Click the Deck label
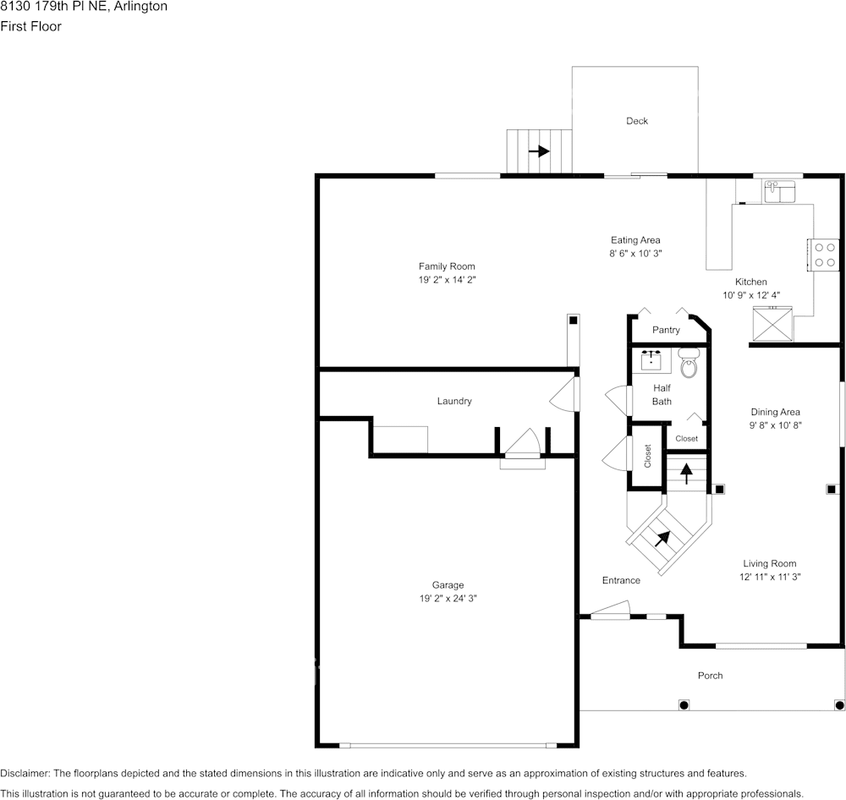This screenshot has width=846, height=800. click(x=637, y=121)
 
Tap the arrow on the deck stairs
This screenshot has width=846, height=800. click(x=539, y=151)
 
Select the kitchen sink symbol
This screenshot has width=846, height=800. click(x=780, y=191)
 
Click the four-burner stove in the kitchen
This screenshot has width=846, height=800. click(x=824, y=255)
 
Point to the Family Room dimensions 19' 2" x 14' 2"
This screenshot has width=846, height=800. click(x=448, y=279)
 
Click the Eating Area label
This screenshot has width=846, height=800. click(x=635, y=240)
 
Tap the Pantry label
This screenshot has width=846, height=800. click(x=666, y=330)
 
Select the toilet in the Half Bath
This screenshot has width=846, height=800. click(x=689, y=363)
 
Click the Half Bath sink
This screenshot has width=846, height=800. click(x=651, y=359)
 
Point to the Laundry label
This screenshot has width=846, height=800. click(x=454, y=401)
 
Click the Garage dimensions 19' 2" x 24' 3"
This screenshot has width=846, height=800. click(x=448, y=598)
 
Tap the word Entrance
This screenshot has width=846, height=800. click(x=621, y=580)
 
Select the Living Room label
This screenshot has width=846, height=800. click(x=769, y=563)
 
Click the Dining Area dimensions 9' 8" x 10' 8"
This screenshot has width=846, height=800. click(x=775, y=425)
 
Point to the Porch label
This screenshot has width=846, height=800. click(x=710, y=676)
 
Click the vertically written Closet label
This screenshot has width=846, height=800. click(x=647, y=456)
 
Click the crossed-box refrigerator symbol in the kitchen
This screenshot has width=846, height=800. click(x=772, y=324)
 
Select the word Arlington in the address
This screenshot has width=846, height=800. click(x=140, y=7)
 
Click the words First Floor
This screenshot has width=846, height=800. click(x=30, y=26)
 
